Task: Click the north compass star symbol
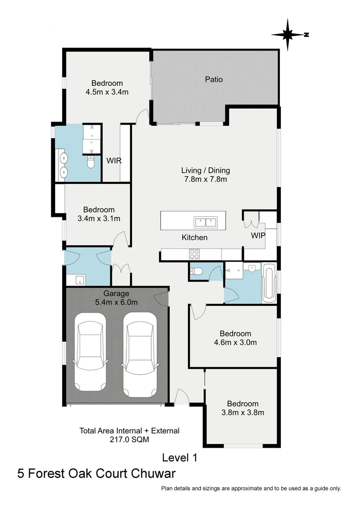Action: tap(288, 34)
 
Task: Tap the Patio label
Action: tap(213, 79)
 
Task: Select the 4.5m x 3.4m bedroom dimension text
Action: tap(107, 92)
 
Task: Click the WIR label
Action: tap(114, 161)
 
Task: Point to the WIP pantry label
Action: tap(258, 234)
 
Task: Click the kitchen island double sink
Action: tap(205, 221)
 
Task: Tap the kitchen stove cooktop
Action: tap(194, 254)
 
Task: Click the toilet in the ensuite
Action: tap(91, 162)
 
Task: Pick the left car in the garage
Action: tap(90, 353)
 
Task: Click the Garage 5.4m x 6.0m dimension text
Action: tap(116, 302)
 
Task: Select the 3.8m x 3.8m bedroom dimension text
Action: tap(242, 412)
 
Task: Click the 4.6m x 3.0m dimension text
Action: tap(235, 343)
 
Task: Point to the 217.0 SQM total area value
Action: tap(129, 439)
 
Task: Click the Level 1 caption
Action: tap(180, 457)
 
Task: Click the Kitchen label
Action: tap(194, 238)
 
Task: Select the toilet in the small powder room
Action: tap(196, 271)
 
